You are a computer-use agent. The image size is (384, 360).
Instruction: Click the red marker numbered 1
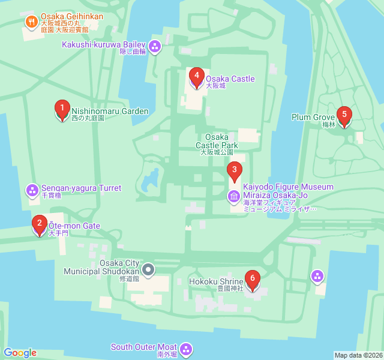[x=61, y=109]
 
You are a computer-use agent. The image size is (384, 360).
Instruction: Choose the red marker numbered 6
[x=253, y=280]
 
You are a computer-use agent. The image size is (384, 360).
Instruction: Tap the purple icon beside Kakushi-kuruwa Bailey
[x=155, y=46]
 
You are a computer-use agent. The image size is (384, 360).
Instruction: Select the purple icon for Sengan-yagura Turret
[x=32, y=190]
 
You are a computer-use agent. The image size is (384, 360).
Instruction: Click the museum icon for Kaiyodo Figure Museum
[x=234, y=196]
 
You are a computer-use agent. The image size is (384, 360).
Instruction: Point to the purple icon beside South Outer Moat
[x=186, y=349]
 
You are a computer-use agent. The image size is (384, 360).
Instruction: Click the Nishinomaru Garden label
[x=110, y=112]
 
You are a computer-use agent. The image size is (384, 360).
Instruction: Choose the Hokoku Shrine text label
[x=216, y=280]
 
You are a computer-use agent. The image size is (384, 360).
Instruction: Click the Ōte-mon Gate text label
[x=74, y=226]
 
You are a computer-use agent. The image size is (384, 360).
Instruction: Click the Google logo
[x=20, y=353]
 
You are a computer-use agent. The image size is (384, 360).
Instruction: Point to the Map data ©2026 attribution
[x=358, y=355]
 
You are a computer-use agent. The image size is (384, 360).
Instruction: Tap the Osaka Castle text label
[x=230, y=79]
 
